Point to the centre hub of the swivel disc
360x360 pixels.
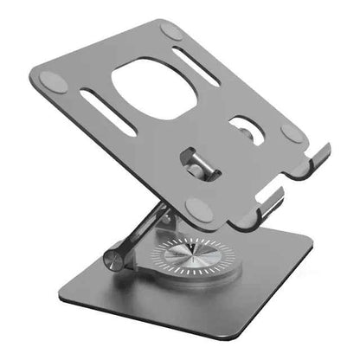click(x=193, y=257)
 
